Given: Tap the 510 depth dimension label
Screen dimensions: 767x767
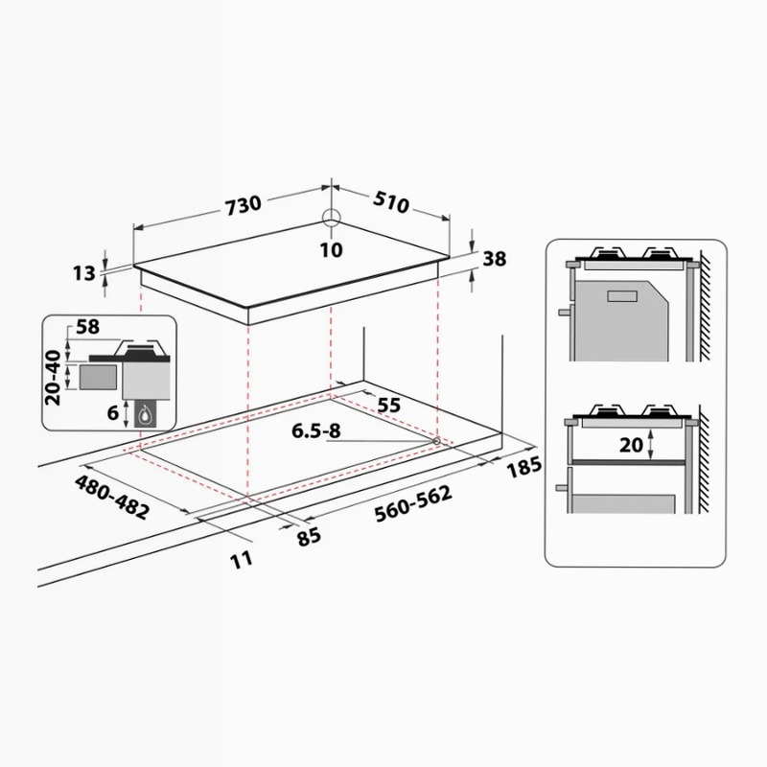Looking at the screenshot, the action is [391, 201].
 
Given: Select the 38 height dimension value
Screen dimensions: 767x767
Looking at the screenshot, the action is [495, 259].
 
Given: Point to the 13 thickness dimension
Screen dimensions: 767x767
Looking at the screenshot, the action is [84, 273].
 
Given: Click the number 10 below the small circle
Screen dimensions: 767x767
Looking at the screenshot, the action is [331, 250].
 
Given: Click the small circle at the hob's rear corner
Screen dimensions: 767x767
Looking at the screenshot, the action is [331, 219].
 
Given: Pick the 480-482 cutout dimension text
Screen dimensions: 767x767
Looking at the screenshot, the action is [111, 498].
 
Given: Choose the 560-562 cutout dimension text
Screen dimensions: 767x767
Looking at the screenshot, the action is [413, 504].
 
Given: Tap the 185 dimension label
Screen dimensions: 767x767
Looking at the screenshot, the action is [523, 468].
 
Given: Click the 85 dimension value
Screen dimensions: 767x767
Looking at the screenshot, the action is [309, 537].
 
